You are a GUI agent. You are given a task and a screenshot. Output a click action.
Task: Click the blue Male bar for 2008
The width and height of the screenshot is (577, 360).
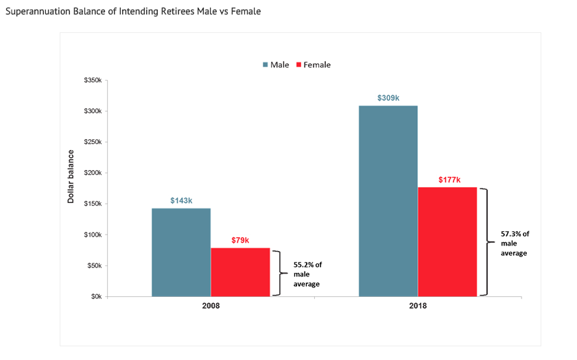[181, 252]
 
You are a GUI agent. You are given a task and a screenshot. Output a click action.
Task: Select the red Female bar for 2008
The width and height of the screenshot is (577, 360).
[240, 272]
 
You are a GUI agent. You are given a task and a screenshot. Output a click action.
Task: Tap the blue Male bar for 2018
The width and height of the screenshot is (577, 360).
[388, 200]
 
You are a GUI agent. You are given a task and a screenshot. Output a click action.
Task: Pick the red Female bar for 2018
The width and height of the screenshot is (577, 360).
[447, 241]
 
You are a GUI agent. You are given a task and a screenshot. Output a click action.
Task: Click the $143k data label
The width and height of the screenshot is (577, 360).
[181, 200]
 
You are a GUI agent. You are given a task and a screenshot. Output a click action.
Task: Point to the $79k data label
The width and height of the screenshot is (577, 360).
[240, 240]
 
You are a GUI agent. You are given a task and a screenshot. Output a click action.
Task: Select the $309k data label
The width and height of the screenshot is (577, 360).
[388, 98]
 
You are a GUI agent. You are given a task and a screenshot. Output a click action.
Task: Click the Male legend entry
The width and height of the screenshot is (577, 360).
[275, 64]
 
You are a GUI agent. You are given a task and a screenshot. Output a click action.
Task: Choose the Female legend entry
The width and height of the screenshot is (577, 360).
[313, 64]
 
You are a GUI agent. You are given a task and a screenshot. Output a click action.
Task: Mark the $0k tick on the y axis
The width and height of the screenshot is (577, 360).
[95, 296]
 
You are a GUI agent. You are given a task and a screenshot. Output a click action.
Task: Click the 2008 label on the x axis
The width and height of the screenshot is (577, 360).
[211, 306]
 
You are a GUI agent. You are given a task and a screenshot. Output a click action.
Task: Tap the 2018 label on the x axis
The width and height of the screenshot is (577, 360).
[417, 306]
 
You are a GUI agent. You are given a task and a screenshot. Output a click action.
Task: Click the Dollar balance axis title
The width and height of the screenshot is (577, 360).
[71, 177]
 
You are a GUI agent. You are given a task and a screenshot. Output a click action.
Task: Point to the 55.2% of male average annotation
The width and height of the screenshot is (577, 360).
[307, 274]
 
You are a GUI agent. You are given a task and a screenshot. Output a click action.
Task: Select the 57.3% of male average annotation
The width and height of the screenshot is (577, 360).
[515, 243]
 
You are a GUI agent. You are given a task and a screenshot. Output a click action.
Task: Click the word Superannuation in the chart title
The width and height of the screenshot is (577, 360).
[35, 12]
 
